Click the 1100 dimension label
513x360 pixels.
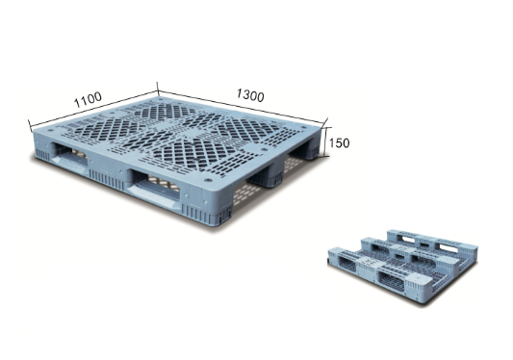point(88,99)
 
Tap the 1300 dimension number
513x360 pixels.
point(250,95)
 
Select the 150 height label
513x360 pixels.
point(339,143)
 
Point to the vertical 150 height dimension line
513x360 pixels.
point(324,141)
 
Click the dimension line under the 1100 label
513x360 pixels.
point(93,109)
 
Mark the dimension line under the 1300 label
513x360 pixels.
point(241,106)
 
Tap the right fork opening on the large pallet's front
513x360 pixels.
point(154,187)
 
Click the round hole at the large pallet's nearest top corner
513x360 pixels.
point(208,180)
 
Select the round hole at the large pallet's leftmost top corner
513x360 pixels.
point(50,130)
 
